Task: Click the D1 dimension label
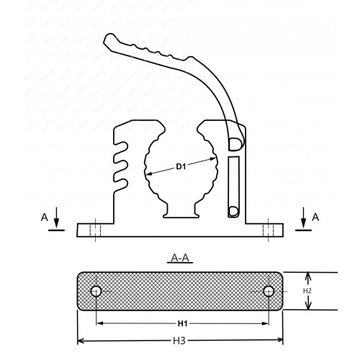pyautogui.click(x=181, y=166)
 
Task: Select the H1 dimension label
pyautogui.click(x=182, y=324)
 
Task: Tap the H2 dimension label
pyautogui.click(x=307, y=291)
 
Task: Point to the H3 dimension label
pyautogui.click(x=179, y=341)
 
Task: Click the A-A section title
pyautogui.click(x=180, y=258)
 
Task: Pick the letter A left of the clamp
pyautogui.click(x=45, y=217)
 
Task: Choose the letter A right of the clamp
pyautogui.click(x=315, y=217)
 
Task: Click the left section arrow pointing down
pyautogui.click(x=56, y=217)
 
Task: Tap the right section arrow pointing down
pyautogui.click(x=304, y=217)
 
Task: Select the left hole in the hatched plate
pyautogui.click(x=96, y=292)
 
